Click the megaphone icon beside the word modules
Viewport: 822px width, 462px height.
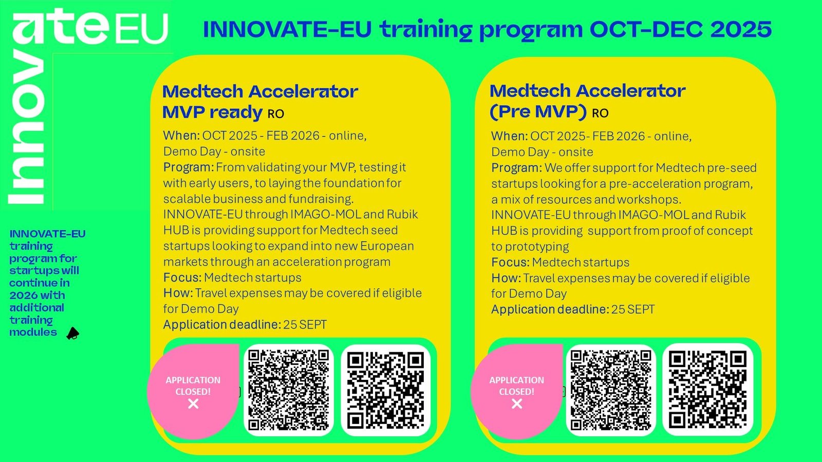point(72,333)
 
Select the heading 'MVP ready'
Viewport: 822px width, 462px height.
point(213,112)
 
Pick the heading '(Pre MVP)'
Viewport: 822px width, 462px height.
point(538,111)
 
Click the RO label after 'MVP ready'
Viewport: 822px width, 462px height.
point(275,114)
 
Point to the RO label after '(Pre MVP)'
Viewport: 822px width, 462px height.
point(600,113)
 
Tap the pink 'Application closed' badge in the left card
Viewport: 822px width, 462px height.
point(193,391)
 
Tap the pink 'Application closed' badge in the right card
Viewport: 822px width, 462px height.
point(517,391)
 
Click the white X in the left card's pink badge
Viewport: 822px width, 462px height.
point(193,403)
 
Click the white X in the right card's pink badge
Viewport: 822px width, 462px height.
point(517,403)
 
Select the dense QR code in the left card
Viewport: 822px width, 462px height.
point(288,390)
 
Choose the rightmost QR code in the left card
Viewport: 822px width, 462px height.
point(385,390)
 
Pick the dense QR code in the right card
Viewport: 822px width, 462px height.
point(611,390)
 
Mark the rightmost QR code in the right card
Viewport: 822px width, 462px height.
point(707,390)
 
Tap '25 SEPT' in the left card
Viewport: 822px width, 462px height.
point(305,325)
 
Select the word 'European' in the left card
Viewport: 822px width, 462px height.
point(387,246)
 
